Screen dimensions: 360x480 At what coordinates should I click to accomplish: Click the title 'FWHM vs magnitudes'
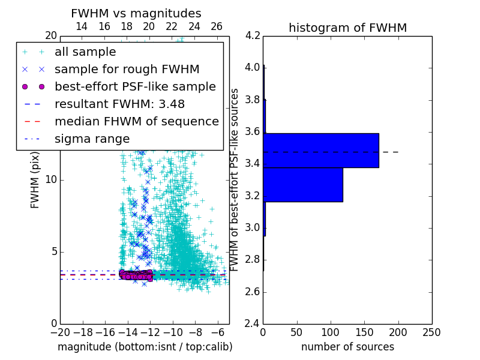(136, 13)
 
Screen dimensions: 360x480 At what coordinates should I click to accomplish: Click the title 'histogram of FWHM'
(347, 28)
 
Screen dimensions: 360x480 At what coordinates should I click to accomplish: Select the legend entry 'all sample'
(85, 52)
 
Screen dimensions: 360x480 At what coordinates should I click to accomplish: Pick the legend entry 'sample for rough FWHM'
(127, 70)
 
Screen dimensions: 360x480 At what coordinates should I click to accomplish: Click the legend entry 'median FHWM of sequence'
(137, 122)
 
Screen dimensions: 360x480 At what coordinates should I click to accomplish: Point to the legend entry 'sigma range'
(92, 139)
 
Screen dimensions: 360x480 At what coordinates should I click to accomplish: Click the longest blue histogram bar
(321, 150)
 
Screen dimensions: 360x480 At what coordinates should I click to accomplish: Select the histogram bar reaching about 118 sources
(303, 185)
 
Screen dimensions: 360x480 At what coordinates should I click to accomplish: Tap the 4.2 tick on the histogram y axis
(253, 35)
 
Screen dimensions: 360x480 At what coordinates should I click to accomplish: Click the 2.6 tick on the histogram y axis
(253, 292)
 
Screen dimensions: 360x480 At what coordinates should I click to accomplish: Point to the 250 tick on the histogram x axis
(431, 332)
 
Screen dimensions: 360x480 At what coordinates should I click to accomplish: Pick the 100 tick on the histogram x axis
(331, 332)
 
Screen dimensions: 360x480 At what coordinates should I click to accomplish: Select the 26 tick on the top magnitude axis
(217, 26)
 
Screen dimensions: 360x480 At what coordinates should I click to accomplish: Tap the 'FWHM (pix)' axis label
(35, 179)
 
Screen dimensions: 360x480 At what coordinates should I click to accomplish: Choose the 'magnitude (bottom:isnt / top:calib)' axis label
(145, 347)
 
